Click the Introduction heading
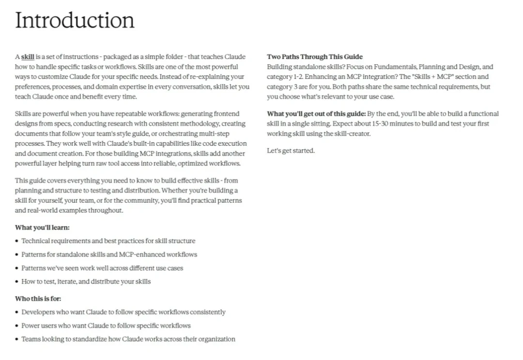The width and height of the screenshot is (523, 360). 75,20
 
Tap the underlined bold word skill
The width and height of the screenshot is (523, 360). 28,57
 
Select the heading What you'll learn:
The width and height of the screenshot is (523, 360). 42,227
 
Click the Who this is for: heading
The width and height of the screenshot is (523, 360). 38,299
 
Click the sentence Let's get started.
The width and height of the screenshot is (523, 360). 291,150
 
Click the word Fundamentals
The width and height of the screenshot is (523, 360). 392,67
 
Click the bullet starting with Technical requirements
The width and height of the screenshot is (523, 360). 108,241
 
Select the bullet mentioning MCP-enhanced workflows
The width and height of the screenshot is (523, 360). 109,255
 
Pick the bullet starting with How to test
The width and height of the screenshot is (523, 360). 86,282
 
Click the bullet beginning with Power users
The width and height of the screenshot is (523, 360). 106,326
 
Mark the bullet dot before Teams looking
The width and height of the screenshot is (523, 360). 17,339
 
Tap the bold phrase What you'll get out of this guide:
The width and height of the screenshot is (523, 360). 316,114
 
